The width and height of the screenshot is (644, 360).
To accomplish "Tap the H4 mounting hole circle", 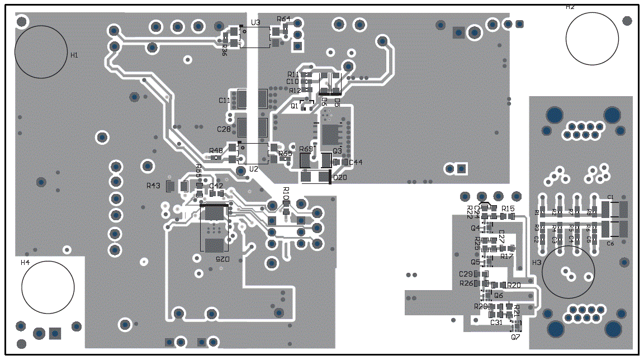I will tap(48, 287).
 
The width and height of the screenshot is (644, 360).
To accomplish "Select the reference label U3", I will tap(255, 22).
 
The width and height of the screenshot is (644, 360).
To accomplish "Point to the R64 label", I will tap(283, 19).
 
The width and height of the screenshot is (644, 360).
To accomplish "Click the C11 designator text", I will tap(224, 101).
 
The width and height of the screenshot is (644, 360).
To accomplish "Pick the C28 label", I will tap(224, 129).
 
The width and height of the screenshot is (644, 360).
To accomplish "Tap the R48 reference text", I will tap(216, 150).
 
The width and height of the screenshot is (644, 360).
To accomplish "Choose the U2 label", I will tap(254, 168).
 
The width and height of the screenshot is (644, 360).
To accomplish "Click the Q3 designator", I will tap(337, 151).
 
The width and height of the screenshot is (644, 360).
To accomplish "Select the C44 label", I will tap(356, 162).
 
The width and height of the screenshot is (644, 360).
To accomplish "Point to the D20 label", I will tap(340, 178).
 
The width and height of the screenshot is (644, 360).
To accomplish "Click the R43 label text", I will tap(153, 186).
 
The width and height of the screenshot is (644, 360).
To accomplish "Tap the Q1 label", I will tap(294, 106).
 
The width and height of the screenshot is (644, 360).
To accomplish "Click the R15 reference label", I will tap(508, 208).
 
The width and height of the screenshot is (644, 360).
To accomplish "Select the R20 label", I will tap(514, 285).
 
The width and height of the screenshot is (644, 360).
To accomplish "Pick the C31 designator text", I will tap(496, 323).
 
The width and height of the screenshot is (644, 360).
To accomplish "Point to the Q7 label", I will tap(515, 337).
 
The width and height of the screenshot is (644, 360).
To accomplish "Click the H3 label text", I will tap(537, 262).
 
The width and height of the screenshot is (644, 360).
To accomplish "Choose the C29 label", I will tap(465, 274).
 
